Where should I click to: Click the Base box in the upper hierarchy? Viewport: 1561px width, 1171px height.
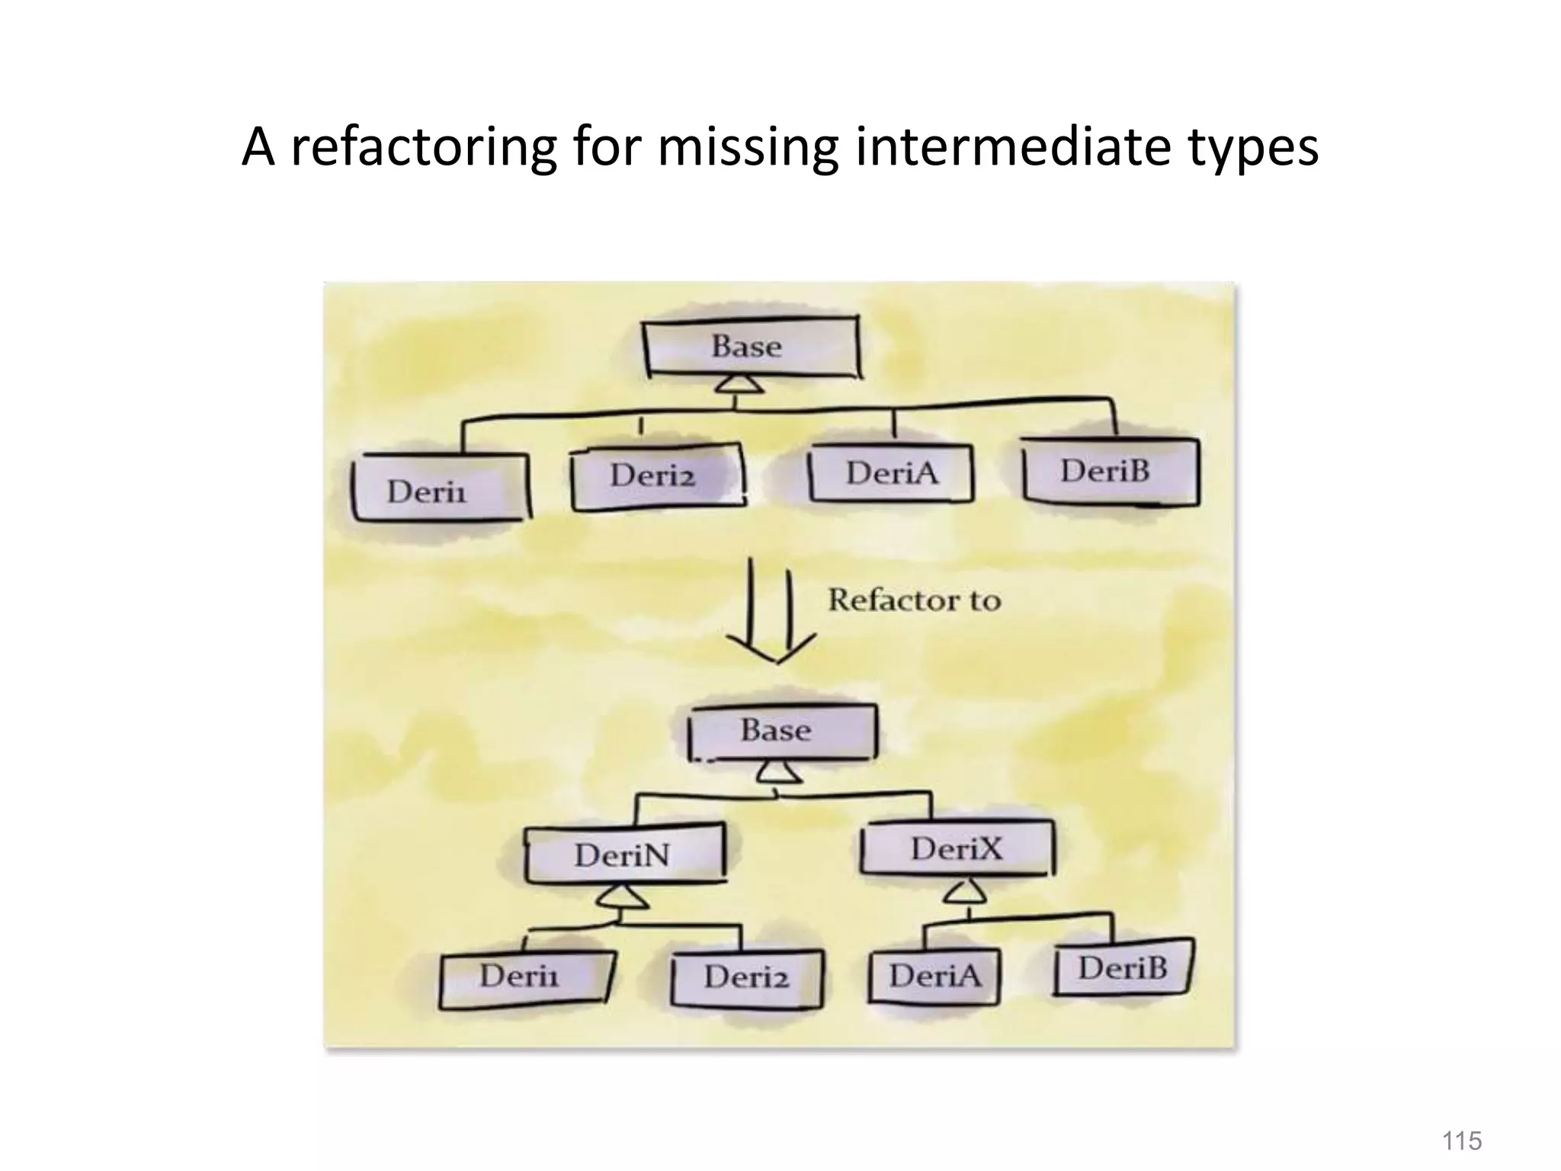[751, 347]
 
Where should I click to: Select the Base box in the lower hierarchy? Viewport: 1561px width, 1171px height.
[781, 731]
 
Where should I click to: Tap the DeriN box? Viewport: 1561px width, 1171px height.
[624, 854]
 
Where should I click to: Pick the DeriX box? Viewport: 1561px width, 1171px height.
[957, 849]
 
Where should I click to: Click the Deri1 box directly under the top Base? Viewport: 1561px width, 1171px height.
[440, 489]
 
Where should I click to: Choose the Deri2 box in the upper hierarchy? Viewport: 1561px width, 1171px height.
[656, 476]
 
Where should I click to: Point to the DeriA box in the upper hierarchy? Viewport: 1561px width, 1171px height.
[891, 473]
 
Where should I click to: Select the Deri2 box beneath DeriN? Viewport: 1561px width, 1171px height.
[747, 977]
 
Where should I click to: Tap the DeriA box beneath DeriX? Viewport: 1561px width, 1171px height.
[934, 976]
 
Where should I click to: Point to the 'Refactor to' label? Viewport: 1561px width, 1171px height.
[915, 600]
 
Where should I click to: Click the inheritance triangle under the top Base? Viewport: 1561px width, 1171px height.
[738, 384]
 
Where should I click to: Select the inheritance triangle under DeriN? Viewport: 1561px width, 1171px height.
[622, 898]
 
